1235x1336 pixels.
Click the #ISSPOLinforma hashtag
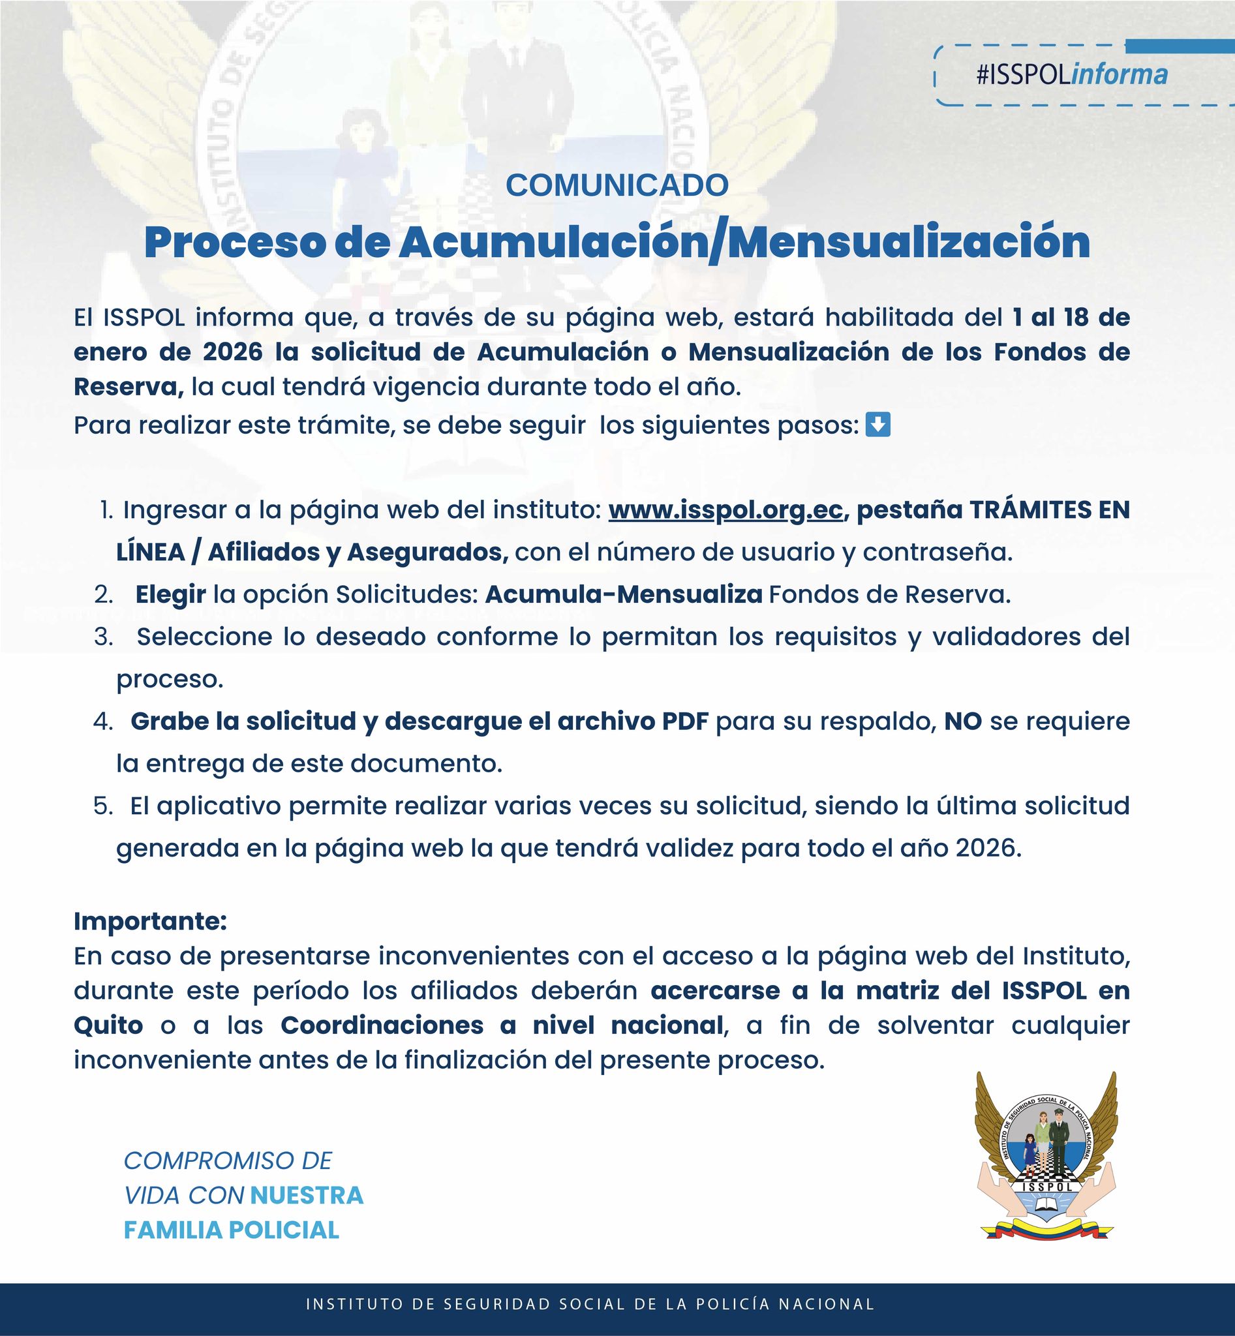point(1071,75)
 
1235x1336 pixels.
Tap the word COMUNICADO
point(616,186)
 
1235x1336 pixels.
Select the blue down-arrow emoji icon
point(877,425)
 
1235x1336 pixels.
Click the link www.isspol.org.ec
point(725,510)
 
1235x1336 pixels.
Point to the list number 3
point(104,637)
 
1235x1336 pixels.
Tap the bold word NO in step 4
point(962,721)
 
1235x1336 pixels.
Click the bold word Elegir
point(170,595)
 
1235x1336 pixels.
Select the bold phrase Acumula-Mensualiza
point(624,595)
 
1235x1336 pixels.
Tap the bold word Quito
point(108,1025)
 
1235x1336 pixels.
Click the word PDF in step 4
point(685,721)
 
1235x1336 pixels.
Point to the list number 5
point(104,806)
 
